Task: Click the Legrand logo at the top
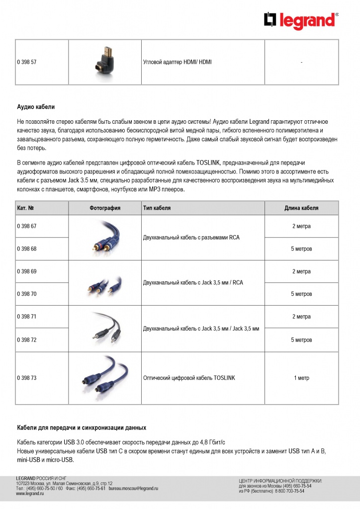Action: click(301, 20)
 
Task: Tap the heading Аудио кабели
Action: click(36, 107)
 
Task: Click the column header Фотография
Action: click(105, 208)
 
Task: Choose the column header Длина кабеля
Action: click(301, 208)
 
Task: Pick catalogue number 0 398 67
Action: click(27, 226)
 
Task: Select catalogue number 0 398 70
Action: click(27, 294)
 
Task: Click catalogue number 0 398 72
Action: click(27, 340)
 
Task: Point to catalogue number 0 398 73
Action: click(27, 378)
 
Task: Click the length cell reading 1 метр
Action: click(301, 378)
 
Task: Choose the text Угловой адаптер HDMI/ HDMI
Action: click(177, 62)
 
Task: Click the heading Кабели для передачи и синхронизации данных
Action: click(82, 427)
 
